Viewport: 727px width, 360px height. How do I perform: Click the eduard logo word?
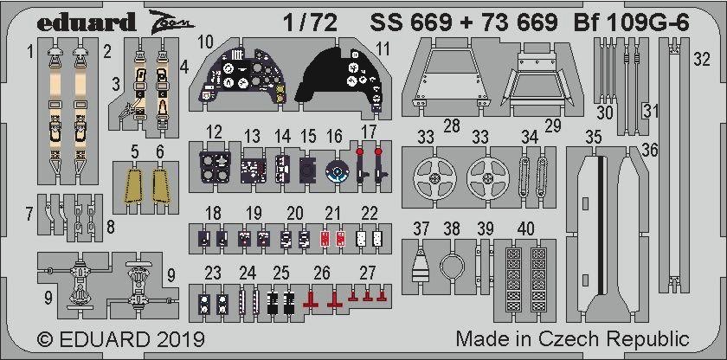click(86, 22)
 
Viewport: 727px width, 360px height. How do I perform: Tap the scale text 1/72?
click(310, 22)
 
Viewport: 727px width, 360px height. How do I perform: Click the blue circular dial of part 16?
click(335, 173)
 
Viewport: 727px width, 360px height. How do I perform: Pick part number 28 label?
click(451, 125)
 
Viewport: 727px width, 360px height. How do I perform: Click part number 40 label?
click(525, 228)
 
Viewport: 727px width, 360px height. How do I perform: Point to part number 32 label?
click(703, 60)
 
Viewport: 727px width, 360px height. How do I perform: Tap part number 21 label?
click(332, 214)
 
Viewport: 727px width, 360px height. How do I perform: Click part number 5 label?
click(134, 151)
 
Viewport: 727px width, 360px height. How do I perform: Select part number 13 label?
click(252, 136)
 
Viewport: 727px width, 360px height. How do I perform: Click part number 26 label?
click(321, 273)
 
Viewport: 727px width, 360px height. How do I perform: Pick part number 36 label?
click(650, 150)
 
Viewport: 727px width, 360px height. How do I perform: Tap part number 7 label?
click(29, 214)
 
